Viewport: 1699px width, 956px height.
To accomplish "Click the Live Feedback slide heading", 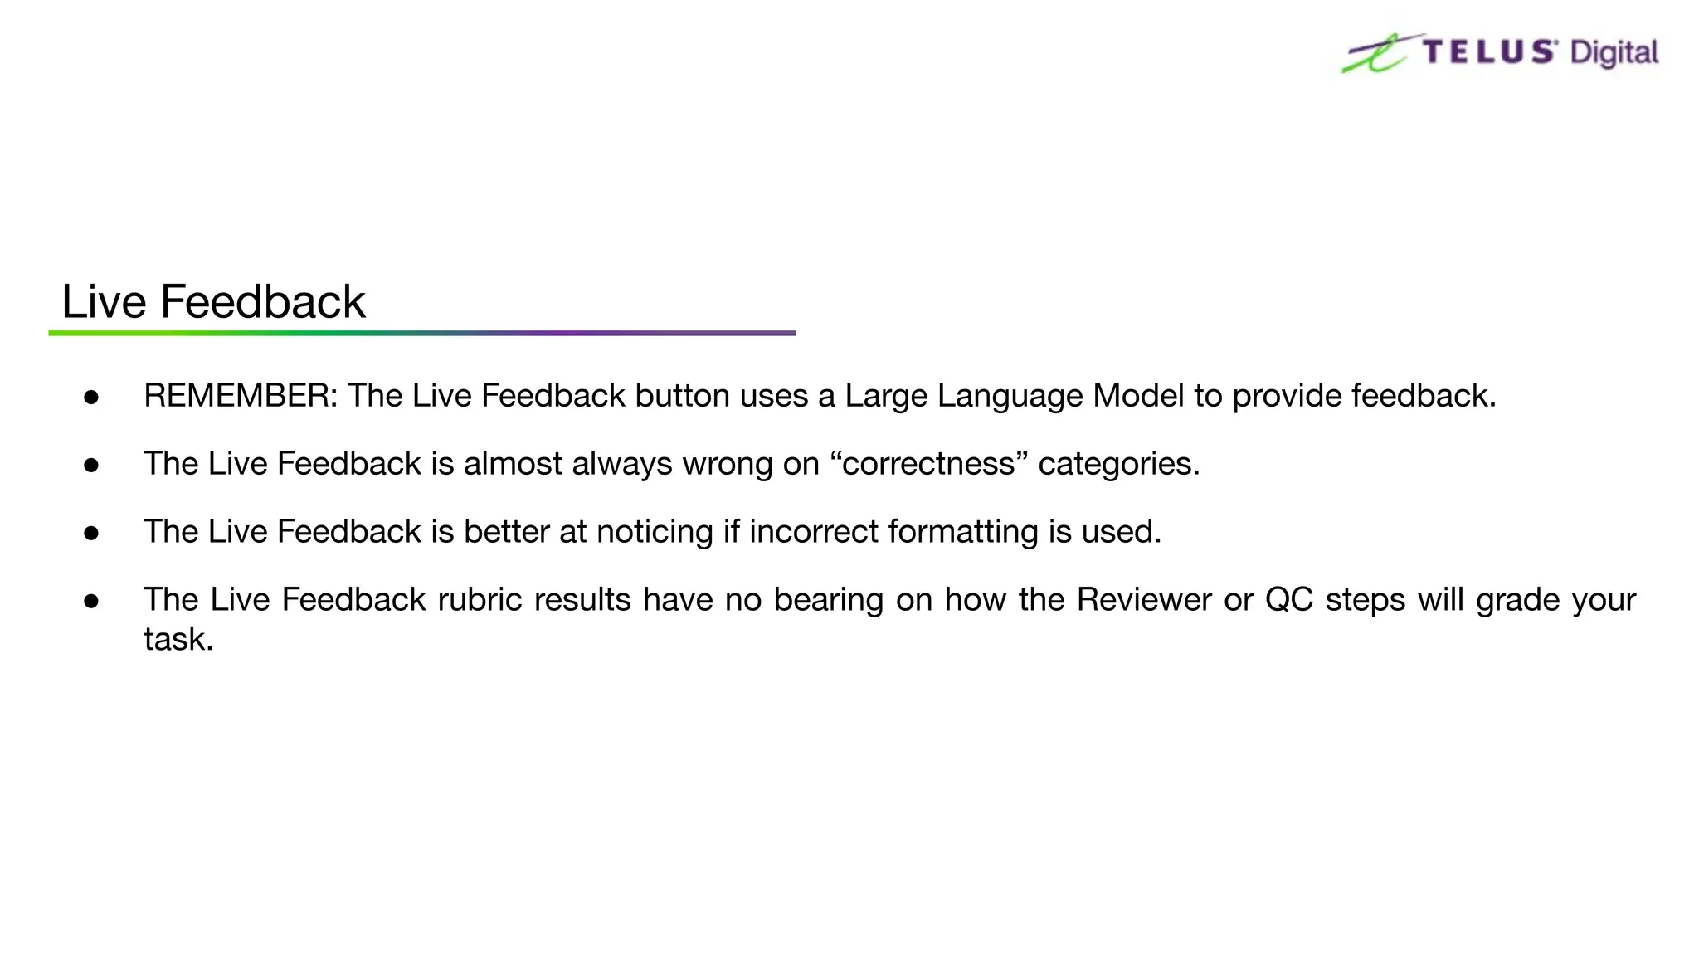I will [213, 302].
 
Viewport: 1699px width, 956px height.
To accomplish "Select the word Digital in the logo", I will [1614, 54].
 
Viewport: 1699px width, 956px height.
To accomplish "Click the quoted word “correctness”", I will [928, 464].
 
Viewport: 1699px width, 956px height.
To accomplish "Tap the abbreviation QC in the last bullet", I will [1289, 599].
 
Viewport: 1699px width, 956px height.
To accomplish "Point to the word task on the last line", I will [178, 640].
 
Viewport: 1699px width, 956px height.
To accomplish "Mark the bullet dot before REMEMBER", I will [91, 398].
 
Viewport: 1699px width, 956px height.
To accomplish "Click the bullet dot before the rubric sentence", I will [91, 601].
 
